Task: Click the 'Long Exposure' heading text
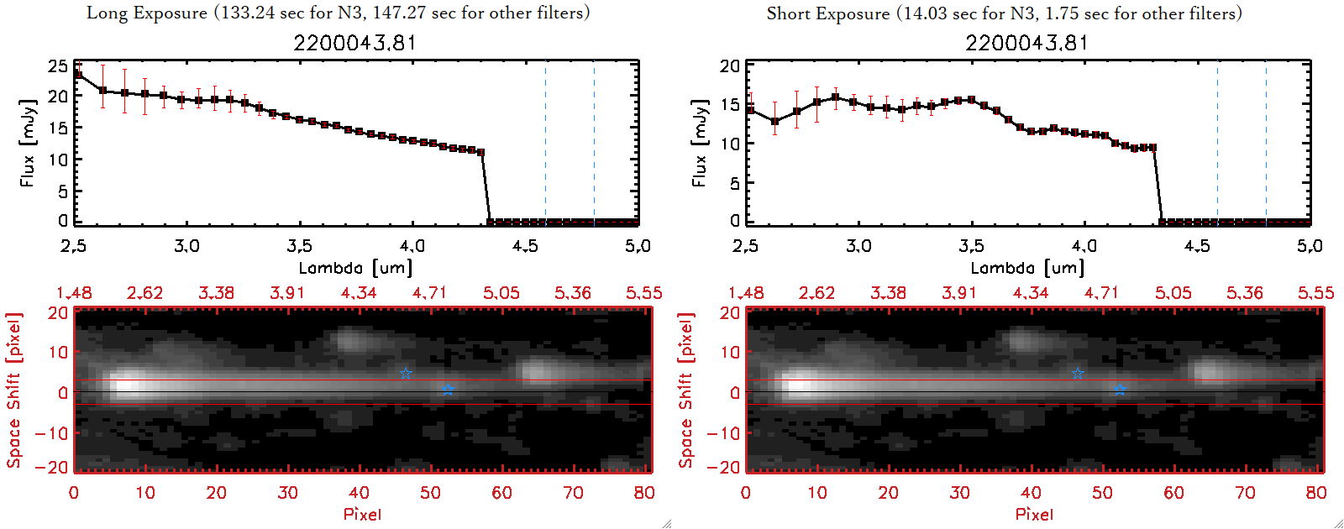(147, 13)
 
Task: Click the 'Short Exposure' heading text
(827, 13)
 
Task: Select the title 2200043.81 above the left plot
(354, 43)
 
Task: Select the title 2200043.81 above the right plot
(1026, 43)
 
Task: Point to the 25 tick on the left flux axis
(58, 65)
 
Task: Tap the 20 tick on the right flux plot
(730, 65)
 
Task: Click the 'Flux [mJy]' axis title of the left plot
(28, 143)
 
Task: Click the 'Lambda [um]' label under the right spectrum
(1027, 268)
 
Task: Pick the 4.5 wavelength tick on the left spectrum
(525, 246)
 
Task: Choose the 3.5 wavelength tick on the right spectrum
(971, 246)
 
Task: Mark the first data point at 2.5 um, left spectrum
(78, 74)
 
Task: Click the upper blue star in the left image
(406, 373)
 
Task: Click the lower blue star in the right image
(1120, 390)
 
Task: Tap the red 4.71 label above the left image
(429, 293)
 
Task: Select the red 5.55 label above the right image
(1315, 293)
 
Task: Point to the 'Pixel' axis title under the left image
(362, 514)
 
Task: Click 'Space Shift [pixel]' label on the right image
(686, 390)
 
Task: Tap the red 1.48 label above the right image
(746, 293)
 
